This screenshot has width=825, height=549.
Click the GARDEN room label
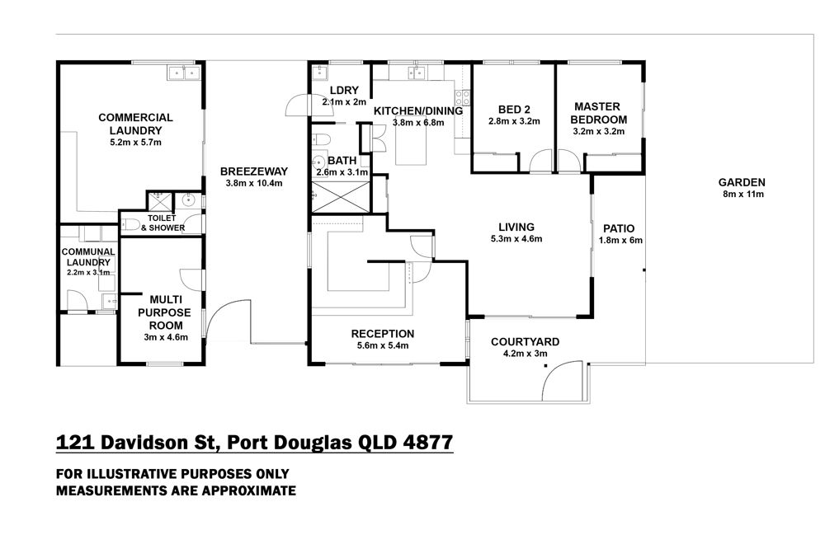click(742, 182)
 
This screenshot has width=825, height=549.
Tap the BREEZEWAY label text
click(254, 171)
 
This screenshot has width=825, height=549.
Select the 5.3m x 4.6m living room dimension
click(516, 239)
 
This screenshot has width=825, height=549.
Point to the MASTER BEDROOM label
click(598, 113)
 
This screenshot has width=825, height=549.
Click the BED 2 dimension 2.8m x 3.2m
click(514, 121)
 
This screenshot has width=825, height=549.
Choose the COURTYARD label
click(525, 342)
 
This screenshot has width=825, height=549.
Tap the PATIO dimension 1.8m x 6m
click(620, 241)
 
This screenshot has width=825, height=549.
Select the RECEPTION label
click(383, 334)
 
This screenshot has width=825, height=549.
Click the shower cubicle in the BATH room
click(341, 197)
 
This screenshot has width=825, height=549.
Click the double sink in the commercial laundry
click(184, 72)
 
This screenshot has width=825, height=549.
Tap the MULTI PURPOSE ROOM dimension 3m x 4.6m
click(166, 338)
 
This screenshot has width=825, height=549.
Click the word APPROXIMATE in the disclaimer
click(249, 490)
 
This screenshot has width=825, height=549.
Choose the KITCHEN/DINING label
click(418, 111)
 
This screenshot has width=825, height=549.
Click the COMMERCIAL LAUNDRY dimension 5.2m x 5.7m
click(136, 143)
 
